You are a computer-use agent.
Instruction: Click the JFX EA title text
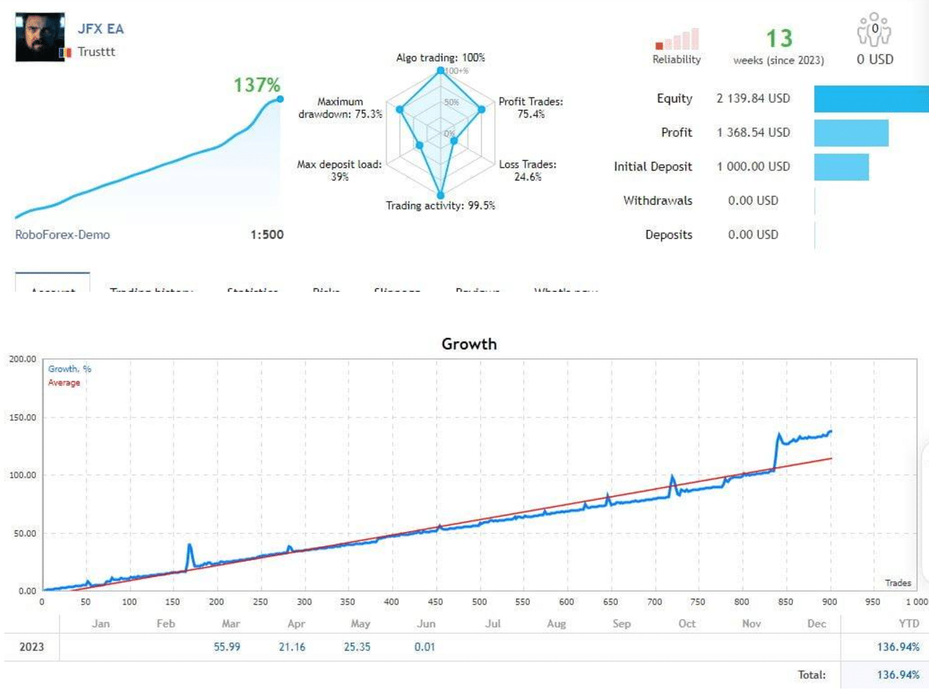pyautogui.click(x=101, y=29)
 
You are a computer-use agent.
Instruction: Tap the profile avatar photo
pyautogui.click(x=40, y=37)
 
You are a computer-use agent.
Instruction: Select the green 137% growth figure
pyautogui.click(x=256, y=85)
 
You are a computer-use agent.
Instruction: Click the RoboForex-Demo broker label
pyautogui.click(x=63, y=235)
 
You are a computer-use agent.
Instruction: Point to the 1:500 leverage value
pyautogui.click(x=267, y=235)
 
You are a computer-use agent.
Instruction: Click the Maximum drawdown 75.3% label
pyautogui.click(x=340, y=108)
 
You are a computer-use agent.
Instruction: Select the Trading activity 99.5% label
pyautogui.click(x=440, y=206)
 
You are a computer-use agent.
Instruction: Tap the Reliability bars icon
pyautogui.click(x=677, y=40)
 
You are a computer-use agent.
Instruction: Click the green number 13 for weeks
pyautogui.click(x=779, y=38)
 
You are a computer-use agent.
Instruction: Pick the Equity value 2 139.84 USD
pyautogui.click(x=753, y=98)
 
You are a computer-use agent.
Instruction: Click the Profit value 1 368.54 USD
pyautogui.click(x=753, y=132)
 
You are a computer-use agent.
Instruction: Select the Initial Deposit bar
pyautogui.click(x=841, y=167)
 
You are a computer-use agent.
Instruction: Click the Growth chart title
pyautogui.click(x=468, y=344)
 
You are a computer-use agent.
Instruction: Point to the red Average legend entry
pyautogui.click(x=64, y=382)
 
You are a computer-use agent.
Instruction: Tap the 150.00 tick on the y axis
pyautogui.click(x=22, y=418)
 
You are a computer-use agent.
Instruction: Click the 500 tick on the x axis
pyautogui.click(x=479, y=602)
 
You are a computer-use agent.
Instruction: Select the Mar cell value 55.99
pyautogui.click(x=227, y=647)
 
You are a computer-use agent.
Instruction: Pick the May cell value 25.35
pyautogui.click(x=357, y=647)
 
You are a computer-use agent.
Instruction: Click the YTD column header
pyautogui.click(x=908, y=623)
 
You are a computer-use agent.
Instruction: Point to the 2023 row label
pyautogui.click(x=32, y=647)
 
